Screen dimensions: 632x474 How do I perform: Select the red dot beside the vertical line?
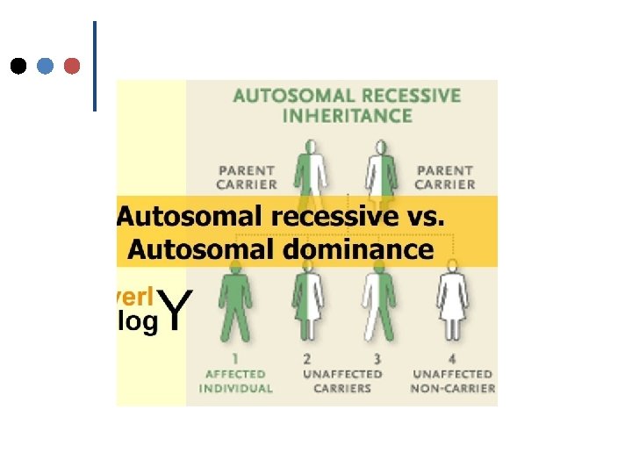(73, 66)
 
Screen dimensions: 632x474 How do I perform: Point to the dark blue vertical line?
(94, 66)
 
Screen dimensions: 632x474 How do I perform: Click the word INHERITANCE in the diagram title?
(348, 115)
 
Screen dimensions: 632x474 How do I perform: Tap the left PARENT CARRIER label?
(247, 177)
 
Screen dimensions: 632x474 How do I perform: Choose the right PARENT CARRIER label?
(445, 177)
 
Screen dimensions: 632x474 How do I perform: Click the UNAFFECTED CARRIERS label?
(342, 381)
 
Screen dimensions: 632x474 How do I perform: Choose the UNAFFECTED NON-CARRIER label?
(453, 381)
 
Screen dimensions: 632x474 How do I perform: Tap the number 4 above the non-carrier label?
(452, 359)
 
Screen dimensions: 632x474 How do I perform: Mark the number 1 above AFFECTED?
(234, 359)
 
